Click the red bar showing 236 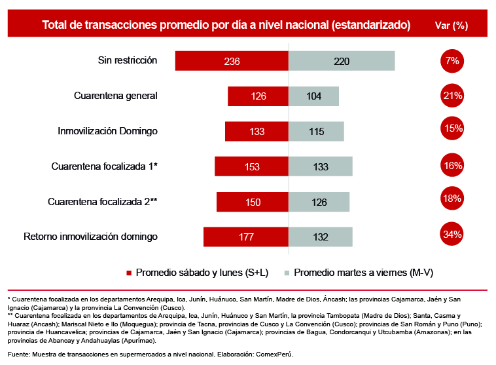click(232, 61)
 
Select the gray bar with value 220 click(342, 61)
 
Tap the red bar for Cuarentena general click(258, 96)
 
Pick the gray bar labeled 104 click(313, 96)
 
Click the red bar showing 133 click(257, 131)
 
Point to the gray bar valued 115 click(316, 131)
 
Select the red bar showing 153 click(251, 166)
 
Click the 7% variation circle click(452, 60)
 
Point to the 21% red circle click(452, 96)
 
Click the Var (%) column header click(452, 25)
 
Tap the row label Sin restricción click(128, 60)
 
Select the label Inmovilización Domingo click(108, 131)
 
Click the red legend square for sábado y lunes click(129, 272)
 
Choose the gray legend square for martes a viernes click(287, 272)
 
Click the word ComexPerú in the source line click(273, 354)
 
